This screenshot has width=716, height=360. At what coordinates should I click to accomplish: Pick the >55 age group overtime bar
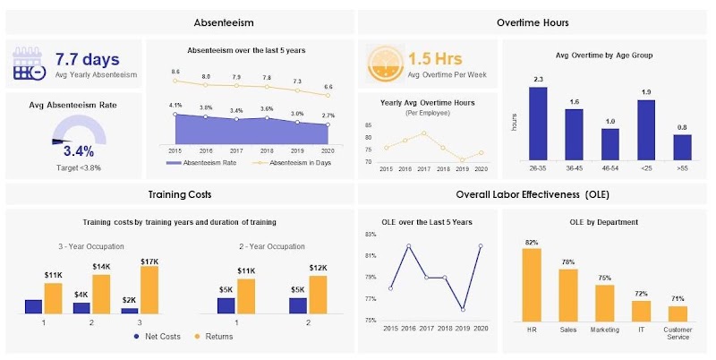coord(682,146)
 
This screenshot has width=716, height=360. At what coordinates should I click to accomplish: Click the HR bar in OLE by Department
coord(532,283)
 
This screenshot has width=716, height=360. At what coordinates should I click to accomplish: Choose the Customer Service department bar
coord(678,313)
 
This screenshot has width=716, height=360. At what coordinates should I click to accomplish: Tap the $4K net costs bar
coord(81,307)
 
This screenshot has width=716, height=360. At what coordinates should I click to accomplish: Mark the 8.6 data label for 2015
coord(175,71)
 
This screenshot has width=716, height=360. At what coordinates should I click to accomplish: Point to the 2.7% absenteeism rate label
coord(329,116)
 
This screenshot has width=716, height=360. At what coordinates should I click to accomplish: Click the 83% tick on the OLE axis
coord(371,235)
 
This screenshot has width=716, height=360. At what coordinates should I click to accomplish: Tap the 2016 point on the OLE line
coord(408,245)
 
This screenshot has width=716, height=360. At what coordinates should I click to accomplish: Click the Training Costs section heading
coord(179,194)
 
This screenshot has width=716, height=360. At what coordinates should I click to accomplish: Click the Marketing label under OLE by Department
coord(605,330)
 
